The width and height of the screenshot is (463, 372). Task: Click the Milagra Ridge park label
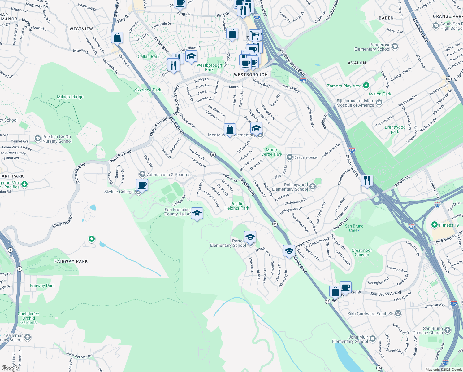pyautogui.click(x=70, y=97)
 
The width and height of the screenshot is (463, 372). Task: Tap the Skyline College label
pyautogui.click(x=119, y=192)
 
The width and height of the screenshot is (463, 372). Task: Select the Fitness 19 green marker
pyautogui.click(x=435, y=225)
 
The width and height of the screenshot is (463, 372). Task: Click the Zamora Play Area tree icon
pyautogui.click(x=366, y=85)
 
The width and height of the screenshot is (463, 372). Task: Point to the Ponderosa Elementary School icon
pyautogui.click(x=395, y=47)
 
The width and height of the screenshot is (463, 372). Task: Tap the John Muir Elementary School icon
pyautogui.click(x=373, y=339)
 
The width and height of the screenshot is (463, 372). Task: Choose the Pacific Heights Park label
pyautogui.click(x=237, y=206)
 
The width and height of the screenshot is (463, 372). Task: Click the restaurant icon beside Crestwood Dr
pyautogui.click(x=367, y=180)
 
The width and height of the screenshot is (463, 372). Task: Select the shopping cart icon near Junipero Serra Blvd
pyautogui.click(x=255, y=35)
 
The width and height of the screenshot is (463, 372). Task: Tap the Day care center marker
pyautogui.click(x=289, y=157)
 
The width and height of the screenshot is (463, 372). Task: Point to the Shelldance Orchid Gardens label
pyautogui.click(x=28, y=318)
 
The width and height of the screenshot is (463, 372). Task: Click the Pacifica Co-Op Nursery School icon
pyautogui.click(x=38, y=139)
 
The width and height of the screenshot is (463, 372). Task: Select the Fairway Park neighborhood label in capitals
pyautogui.click(x=71, y=261)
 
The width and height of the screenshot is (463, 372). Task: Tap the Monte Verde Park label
pyautogui.click(x=272, y=152)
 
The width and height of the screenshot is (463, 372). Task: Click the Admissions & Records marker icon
pyautogui.click(x=142, y=174)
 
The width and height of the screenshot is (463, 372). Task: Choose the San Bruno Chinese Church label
pyautogui.click(x=428, y=330)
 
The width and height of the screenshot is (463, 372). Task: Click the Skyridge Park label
pyautogui.click(x=148, y=90)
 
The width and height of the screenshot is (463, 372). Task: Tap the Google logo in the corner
pyautogui.click(x=11, y=368)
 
